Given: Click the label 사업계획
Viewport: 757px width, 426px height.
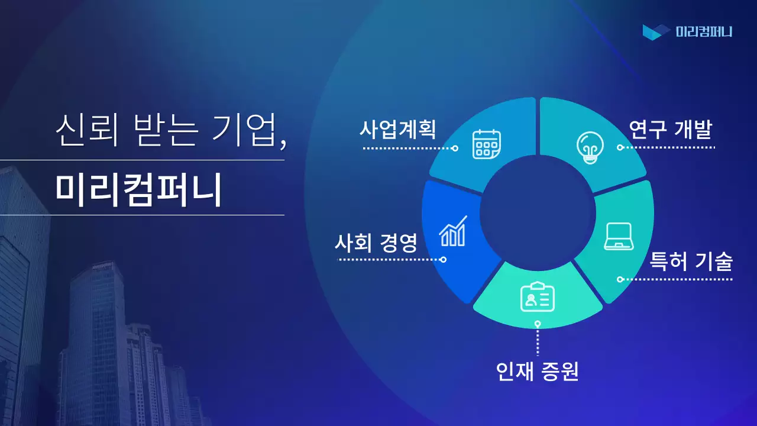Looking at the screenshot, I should tap(397, 128).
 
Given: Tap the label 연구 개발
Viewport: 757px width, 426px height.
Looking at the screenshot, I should tap(670, 128).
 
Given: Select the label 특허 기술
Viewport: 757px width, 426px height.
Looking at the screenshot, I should tap(691, 260).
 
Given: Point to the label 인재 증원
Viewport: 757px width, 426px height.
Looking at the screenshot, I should tap(537, 371).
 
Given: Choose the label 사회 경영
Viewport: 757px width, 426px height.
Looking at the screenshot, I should tap(376, 242).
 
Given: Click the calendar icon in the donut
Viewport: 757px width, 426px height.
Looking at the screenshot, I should tap(486, 144).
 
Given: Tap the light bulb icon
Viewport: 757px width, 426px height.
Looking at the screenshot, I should tap(590, 147).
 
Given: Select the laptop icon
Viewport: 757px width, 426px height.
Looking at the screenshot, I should tap(619, 237).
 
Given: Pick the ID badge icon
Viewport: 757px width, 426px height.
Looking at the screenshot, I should tap(538, 298).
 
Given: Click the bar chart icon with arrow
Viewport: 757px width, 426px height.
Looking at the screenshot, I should tap(453, 231).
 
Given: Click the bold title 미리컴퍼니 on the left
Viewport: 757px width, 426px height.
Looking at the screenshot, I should tap(138, 189).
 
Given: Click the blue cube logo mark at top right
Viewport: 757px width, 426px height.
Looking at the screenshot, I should tap(656, 31).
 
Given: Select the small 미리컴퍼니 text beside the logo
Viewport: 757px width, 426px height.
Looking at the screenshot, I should tap(704, 31).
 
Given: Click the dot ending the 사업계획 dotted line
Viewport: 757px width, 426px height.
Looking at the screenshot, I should tap(455, 149).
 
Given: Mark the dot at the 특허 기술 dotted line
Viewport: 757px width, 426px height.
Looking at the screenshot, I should tap(620, 279).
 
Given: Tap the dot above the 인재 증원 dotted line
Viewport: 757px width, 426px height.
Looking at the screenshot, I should tap(538, 324).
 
